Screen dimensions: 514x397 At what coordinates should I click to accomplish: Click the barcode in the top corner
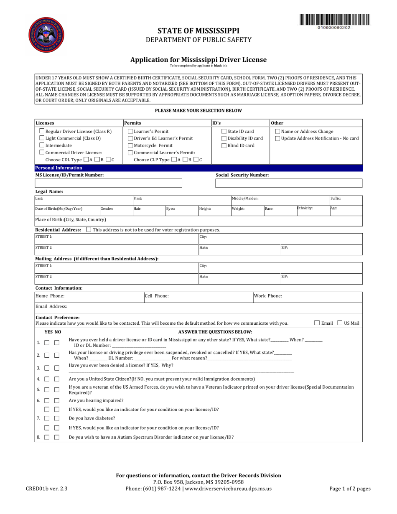point(334,20)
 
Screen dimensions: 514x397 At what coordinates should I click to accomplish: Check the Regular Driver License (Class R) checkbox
point(42,131)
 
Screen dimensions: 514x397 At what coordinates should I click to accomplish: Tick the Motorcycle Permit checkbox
point(130,145)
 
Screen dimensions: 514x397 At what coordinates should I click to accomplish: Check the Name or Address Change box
point(278,131)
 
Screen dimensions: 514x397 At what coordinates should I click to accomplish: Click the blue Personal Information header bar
point(198,168)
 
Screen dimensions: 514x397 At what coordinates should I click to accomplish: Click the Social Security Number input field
point(288,183)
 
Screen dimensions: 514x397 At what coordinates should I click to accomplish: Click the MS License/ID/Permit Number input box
point(109,183)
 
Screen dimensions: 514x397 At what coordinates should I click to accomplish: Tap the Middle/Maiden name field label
point(245,198)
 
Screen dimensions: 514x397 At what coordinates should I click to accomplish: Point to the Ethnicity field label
point(305,208)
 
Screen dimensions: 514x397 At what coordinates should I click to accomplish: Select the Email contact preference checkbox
point(317,323)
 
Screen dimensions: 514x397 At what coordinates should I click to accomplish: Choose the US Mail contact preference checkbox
point(340,323)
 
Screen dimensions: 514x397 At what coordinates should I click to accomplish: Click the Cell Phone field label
point(157,296)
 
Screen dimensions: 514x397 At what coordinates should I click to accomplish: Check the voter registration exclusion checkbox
point(88,230)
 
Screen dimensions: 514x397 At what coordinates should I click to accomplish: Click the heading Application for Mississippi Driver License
point(198,60)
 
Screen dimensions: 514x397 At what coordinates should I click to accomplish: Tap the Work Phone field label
point(268,296)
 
